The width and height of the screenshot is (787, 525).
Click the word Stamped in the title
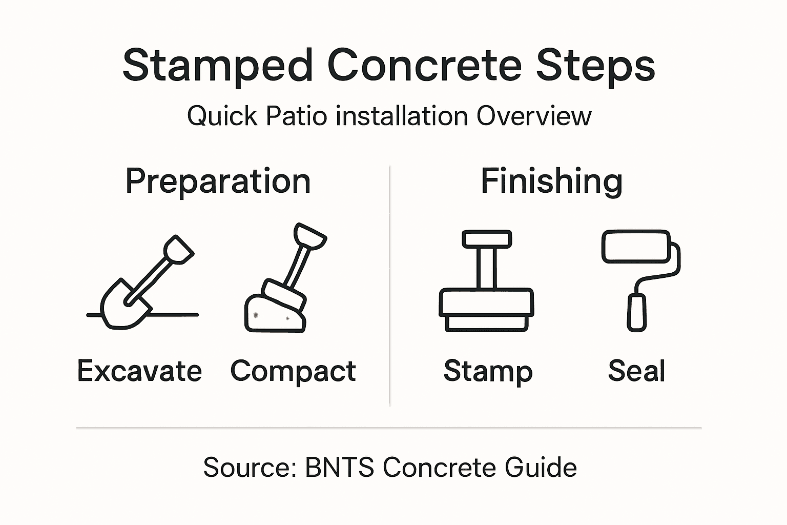(217, 66)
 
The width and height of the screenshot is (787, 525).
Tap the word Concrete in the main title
(424, 66)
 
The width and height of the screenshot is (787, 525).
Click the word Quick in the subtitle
(222, 116)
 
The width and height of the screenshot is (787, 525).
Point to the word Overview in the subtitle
(534, 116)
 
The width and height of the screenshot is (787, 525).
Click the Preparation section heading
(218, 181)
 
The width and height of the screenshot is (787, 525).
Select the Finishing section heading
(551, 181)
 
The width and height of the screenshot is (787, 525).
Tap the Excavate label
(139, 371)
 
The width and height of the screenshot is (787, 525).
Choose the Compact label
(293, 371)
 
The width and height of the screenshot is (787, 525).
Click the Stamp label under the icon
(488, 371)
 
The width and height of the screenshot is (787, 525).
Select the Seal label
(636, 371)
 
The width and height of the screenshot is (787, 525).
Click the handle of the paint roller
(637, 312)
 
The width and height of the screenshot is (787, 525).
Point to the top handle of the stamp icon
(486, 239)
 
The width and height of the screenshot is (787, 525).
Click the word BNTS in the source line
(339, 468)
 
